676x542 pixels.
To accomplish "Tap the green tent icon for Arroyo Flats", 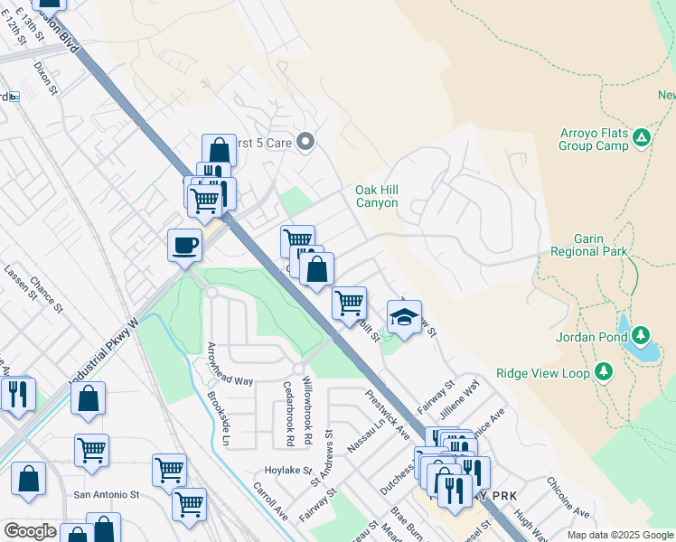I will coord(642,137).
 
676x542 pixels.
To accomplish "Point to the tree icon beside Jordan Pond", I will coord(642,336).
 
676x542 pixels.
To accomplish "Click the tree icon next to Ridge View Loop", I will coord(604,371).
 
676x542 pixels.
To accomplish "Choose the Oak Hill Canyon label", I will coord(376,196).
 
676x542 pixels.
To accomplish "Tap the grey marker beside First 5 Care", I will coord(305,141).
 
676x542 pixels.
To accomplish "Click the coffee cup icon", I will coord(184,245).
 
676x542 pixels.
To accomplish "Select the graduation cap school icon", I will coord(404,317).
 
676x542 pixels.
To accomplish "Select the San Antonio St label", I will coord(107,495).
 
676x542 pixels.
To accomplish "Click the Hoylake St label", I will coord(287,471).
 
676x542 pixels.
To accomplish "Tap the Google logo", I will coord(29,531).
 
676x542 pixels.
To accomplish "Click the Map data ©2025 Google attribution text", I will coord(619,535).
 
